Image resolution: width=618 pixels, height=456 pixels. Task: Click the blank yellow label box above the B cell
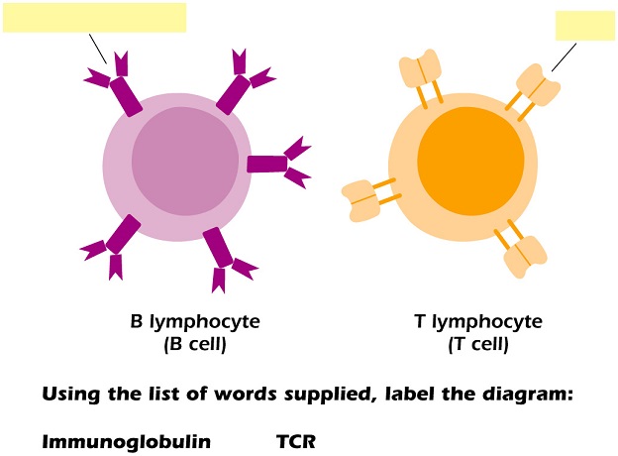click(94, 17)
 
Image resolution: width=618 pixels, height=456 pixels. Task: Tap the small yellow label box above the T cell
click(584, 25)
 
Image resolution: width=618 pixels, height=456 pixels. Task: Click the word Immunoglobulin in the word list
click(126, 441)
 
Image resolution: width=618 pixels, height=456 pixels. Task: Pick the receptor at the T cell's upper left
click(422, 77)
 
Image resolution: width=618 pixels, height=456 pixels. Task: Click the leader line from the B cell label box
click(97, 47)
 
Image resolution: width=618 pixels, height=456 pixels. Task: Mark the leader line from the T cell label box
click(563, 57)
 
